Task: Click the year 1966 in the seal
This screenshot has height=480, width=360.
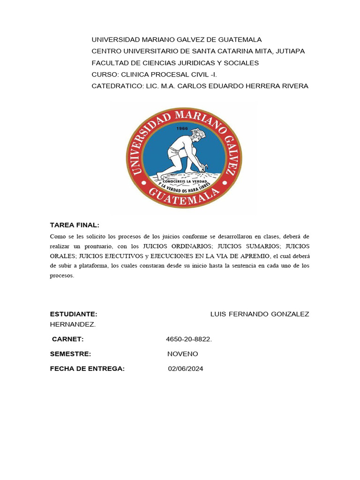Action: point(182,127)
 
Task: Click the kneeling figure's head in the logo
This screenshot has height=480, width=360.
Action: point(197,135)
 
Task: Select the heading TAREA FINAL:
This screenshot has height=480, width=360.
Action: point(75,225)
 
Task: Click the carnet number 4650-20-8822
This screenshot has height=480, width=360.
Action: point(189,339)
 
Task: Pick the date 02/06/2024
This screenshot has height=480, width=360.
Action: point(186,369)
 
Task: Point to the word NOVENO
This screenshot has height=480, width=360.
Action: point(183,354)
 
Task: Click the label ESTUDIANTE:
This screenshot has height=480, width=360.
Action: point(74,314)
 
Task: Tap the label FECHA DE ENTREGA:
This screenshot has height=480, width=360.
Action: point(88,369)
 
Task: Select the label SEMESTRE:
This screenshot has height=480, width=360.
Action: point(71,354)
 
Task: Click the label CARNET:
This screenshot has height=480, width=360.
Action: point(68,339)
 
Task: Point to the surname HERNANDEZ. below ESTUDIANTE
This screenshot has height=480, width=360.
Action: point(73,324)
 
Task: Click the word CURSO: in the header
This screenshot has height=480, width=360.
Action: point(105,75)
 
